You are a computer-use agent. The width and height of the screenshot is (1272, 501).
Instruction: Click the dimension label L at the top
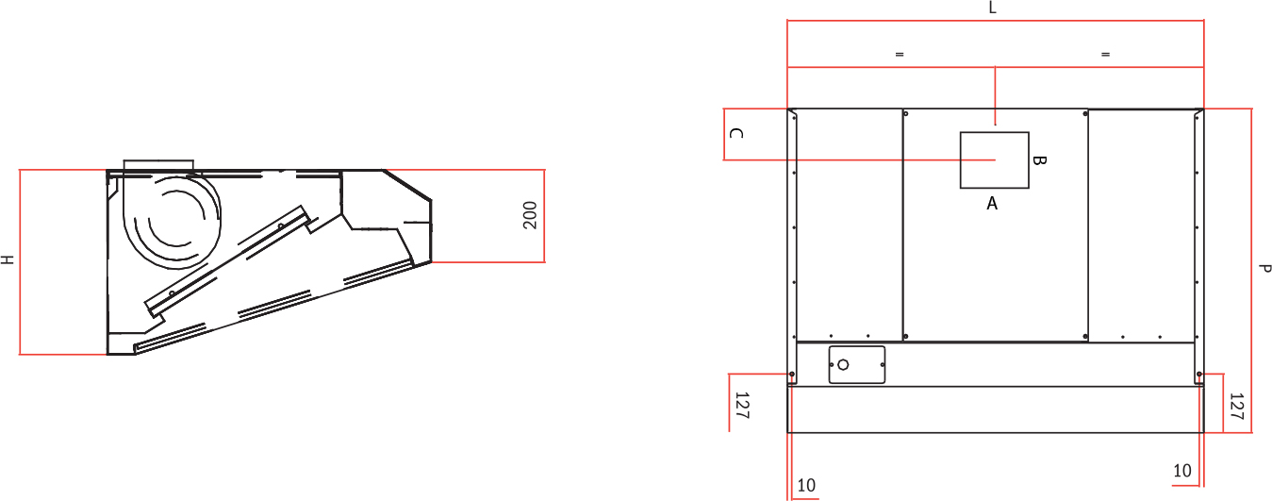[x=993, y=8]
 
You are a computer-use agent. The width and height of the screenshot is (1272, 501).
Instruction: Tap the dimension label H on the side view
[x=7, y=259]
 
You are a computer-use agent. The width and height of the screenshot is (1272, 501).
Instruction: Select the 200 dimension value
[x=530, y=215]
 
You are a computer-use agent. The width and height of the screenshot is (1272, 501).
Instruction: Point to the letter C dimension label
[x=735, y=133]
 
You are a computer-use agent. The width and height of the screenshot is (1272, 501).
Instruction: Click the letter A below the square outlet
[x=992, y=204]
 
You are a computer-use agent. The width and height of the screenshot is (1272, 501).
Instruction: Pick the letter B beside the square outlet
[x=1038, y=160]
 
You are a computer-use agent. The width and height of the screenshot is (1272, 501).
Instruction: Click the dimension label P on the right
[x=1264, y=268]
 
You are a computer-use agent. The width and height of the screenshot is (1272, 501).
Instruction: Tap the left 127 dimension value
[x=742, y=406]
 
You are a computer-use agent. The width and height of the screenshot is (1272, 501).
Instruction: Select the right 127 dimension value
[x=1237, y=406]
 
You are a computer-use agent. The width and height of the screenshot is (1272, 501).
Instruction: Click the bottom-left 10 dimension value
[x=806, y=485]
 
